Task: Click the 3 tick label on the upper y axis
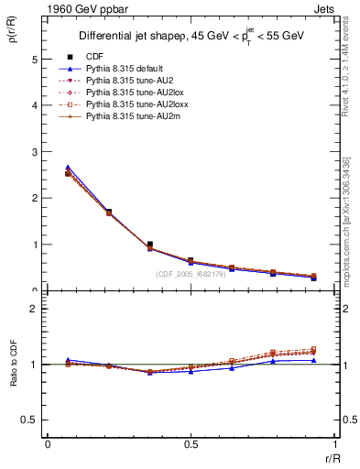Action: (34, 152)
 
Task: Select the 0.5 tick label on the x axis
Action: (191, 444)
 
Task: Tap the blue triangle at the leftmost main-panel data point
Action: (68, 168)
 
